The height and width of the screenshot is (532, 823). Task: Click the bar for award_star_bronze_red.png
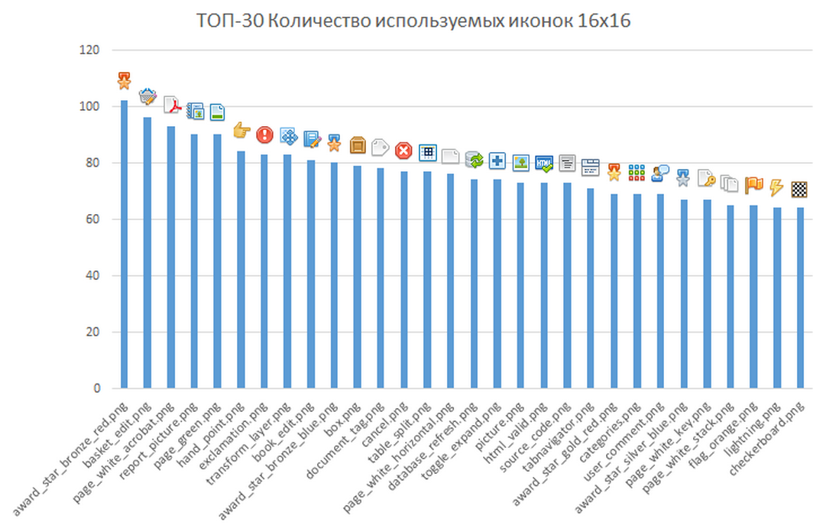[124, 245]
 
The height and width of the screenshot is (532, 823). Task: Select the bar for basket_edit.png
[147, 252]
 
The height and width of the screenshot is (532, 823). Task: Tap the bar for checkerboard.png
[800, 298]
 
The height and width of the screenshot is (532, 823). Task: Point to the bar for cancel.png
[403, 280]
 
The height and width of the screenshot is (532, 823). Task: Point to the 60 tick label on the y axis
[92, 219]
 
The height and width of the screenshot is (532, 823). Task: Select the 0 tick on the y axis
[96, 388]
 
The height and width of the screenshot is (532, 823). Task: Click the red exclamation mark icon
[264, 135]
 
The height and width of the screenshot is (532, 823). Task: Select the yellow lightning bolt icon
[776, 187]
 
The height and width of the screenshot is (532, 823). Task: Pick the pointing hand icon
[241, 131]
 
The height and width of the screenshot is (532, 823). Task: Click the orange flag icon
[753, 184]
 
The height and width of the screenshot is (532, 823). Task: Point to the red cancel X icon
[403, 151]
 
